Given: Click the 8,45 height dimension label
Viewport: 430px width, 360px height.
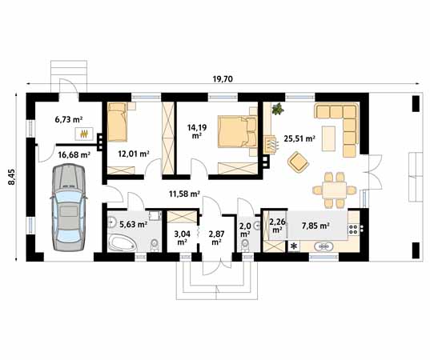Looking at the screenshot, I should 11,176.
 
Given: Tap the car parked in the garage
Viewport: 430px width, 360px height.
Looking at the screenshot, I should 67,205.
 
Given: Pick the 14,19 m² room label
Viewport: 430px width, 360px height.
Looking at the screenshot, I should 198,130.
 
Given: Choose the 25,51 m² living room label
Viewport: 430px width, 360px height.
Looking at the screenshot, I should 299,138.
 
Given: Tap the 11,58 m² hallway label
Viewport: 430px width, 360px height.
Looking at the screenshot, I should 183,193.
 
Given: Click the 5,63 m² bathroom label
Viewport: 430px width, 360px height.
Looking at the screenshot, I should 133,224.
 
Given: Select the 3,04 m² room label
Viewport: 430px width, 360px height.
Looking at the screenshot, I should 182,236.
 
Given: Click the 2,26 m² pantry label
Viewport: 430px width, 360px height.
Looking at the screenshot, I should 277,226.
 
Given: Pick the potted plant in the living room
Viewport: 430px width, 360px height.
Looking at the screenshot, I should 276,109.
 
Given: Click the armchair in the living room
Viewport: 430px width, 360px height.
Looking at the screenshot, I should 299,162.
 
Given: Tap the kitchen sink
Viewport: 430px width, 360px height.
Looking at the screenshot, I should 324,247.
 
